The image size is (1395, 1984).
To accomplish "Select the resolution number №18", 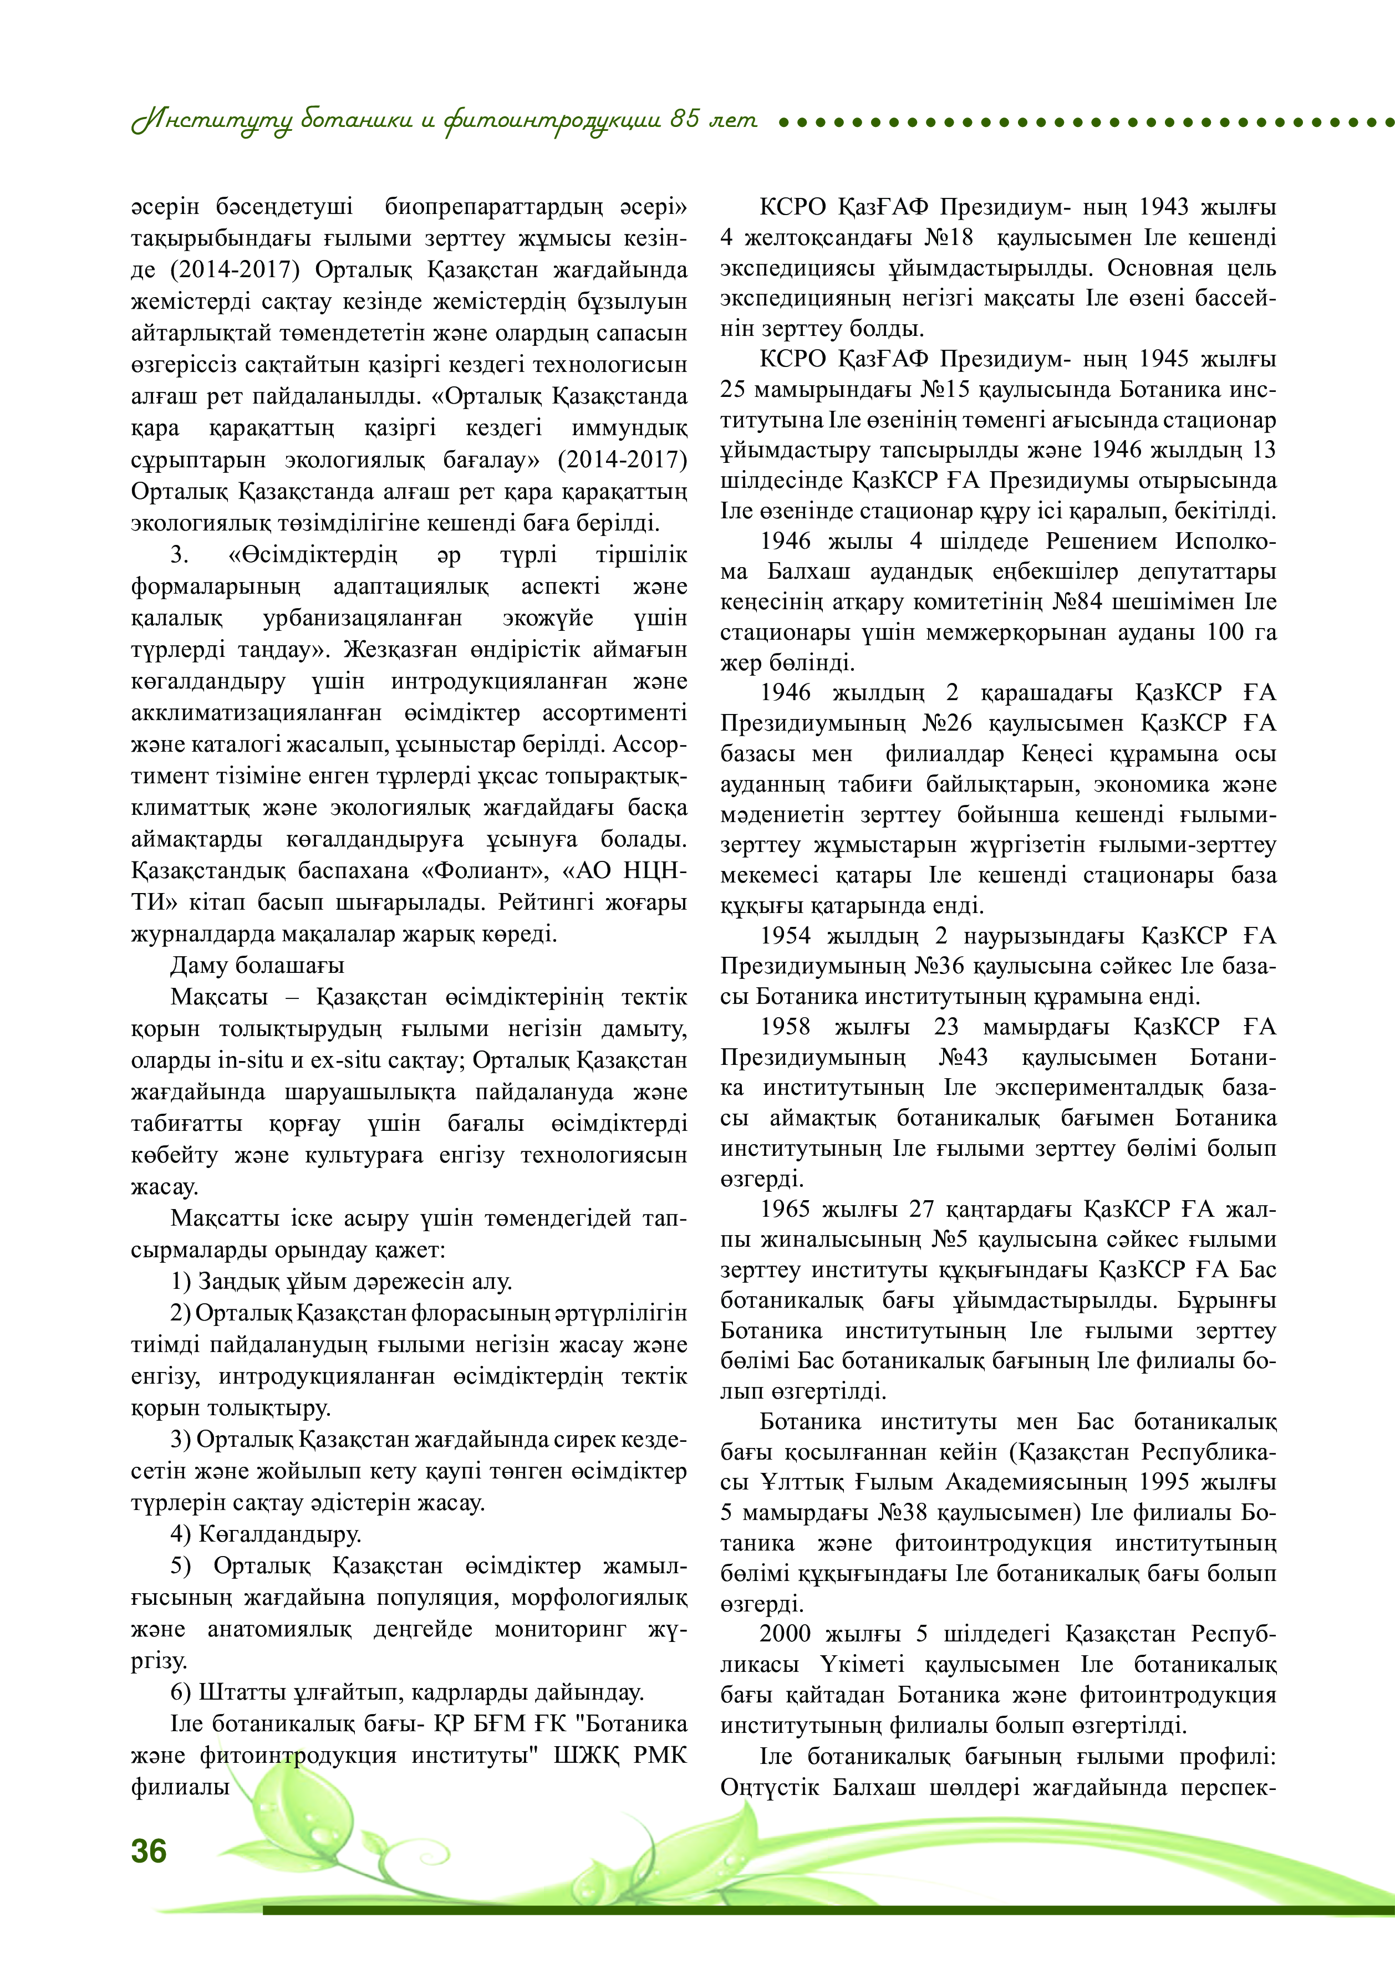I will (949, 238).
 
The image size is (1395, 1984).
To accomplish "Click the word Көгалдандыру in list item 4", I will (280, 1534).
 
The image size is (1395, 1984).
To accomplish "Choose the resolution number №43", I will (963, 1058).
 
